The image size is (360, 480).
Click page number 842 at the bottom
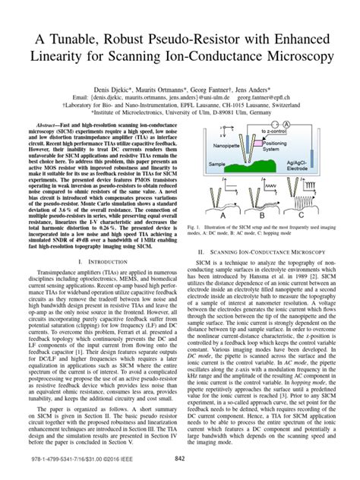pyautogui.click(x=180, y=458)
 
